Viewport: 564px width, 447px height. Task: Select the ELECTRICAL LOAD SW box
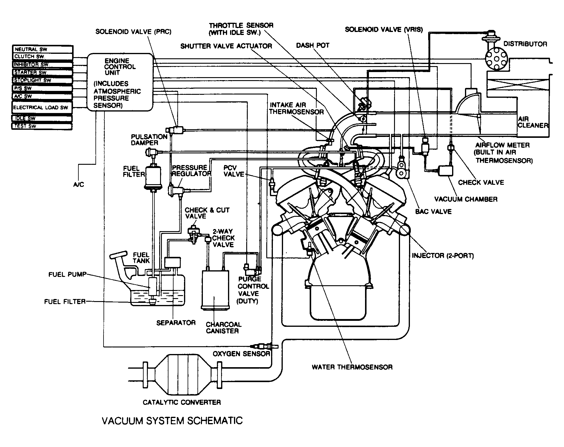[x=42, y=107]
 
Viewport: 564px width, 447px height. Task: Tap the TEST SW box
[x=42, y=126]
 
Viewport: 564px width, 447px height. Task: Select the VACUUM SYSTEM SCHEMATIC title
[x=172, y=420]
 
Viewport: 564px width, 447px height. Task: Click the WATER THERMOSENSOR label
[x=352, y=367]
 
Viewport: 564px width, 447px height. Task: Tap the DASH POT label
[x=313, y=45]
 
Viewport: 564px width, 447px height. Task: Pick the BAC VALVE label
[x=434, y=212]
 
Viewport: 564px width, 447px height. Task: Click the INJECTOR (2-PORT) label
[x=443, y=256]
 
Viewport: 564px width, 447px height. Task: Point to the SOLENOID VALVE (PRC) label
[x=133, y=32]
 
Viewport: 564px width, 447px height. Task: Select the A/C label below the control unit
[x=79, y=184]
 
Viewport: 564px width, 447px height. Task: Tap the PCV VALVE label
[x=234, y=171]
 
